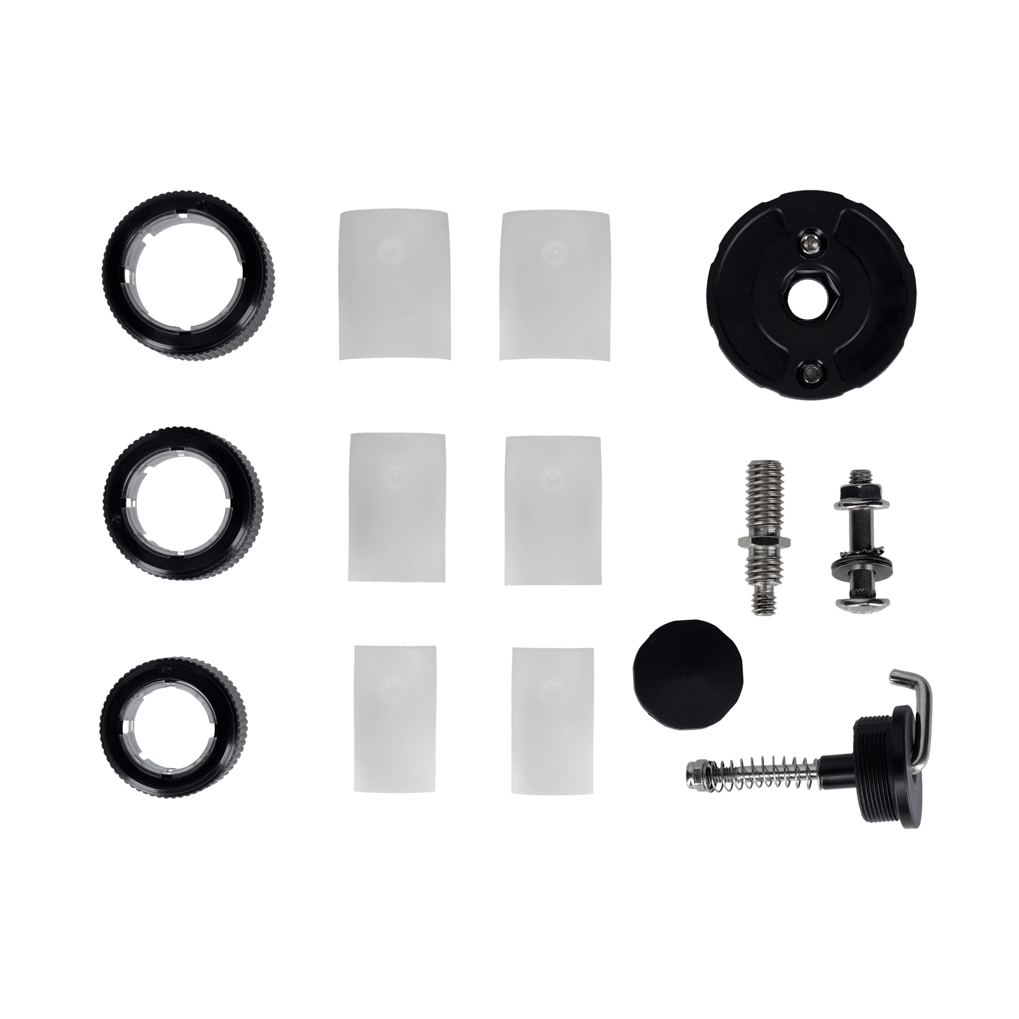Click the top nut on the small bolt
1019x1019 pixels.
[x=848, y=493]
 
